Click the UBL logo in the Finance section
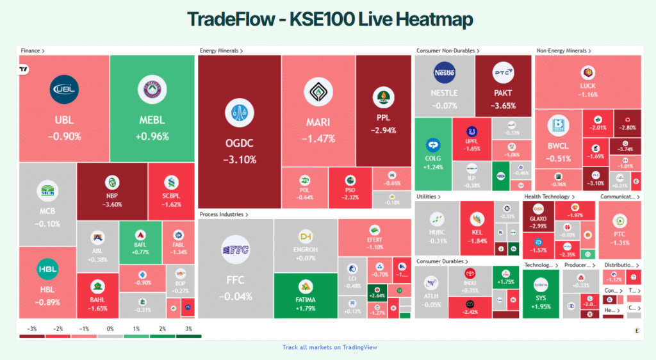pos(64,89)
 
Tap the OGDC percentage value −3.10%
pos(240,160)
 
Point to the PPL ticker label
pos(383,118)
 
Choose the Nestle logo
pos(444,73)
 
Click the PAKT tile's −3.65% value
pos(503,105)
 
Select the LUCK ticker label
pos(587,85)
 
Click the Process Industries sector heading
pos(224,214)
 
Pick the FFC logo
pos(235,250)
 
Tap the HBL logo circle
pos(47,270)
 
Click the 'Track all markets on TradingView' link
pos(330,347)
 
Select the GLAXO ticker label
pos(538,218)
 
